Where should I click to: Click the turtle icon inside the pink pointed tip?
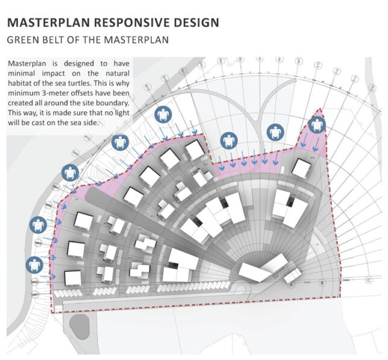(x=317, y=126)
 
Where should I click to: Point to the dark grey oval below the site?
(x=79, y=326)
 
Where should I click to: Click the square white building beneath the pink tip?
(x=301, y=168)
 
